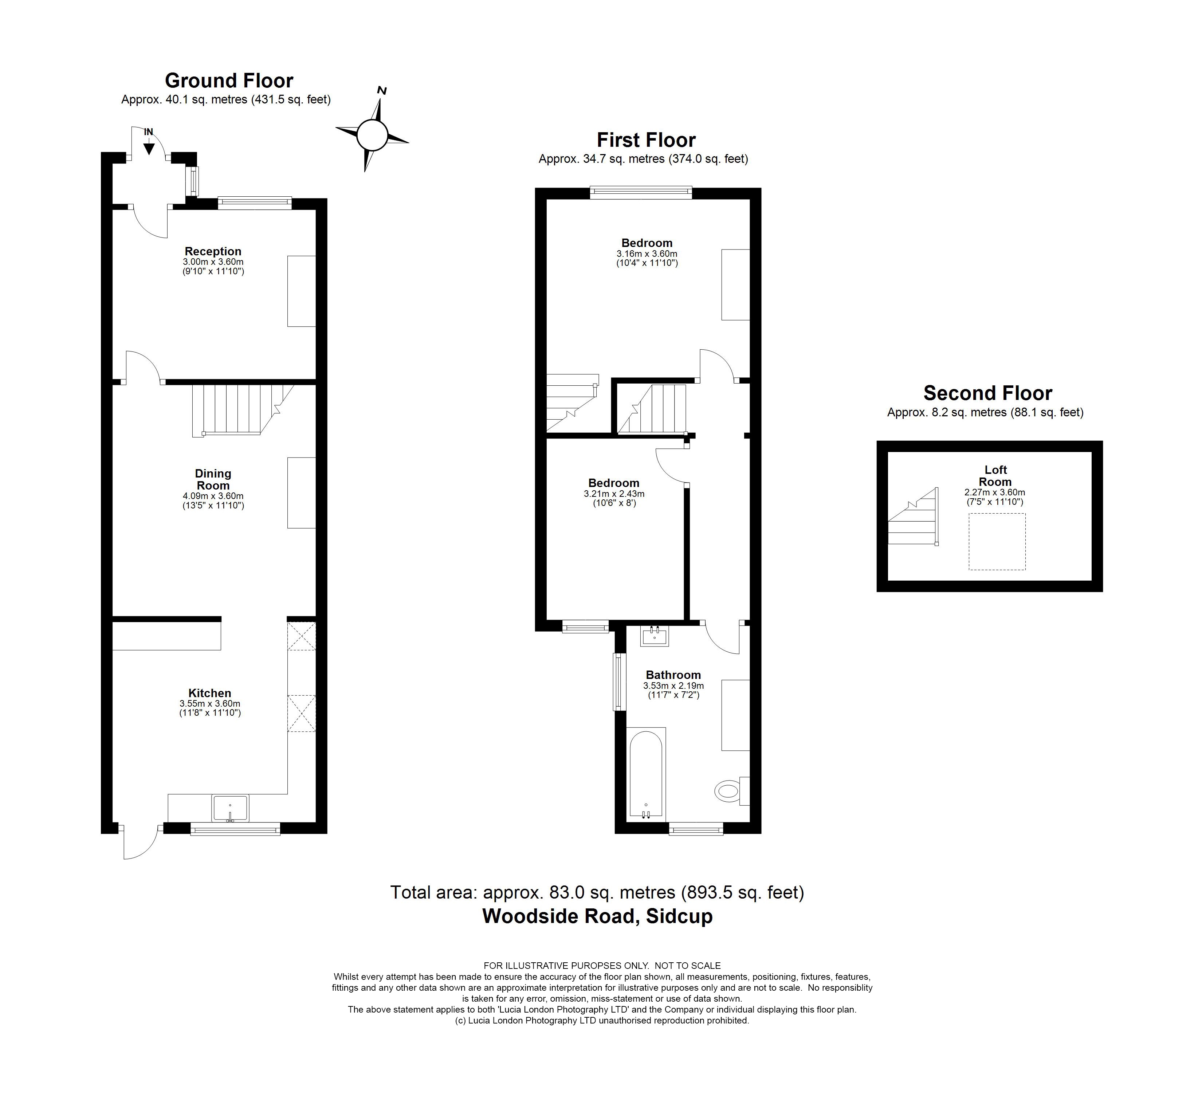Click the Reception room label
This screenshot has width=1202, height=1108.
tap(213, 251)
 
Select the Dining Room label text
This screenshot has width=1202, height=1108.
tap(213, 480)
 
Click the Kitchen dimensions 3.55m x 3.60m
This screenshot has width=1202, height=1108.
tap(210, 703)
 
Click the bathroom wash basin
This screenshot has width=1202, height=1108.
tap(655, 636)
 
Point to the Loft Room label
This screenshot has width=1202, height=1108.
tap(995, 475)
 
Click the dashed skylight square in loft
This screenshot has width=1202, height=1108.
tap(997, 541)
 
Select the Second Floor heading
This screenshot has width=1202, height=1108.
tap(987, 393)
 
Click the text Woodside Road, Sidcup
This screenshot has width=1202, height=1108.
tap(597, 916)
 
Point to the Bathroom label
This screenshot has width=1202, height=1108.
tap(673, 675)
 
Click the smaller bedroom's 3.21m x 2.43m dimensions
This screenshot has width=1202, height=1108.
tap(614, 494)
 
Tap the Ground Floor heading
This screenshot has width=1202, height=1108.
tap(229, 80)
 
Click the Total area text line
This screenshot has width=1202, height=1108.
tap(597, 892)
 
